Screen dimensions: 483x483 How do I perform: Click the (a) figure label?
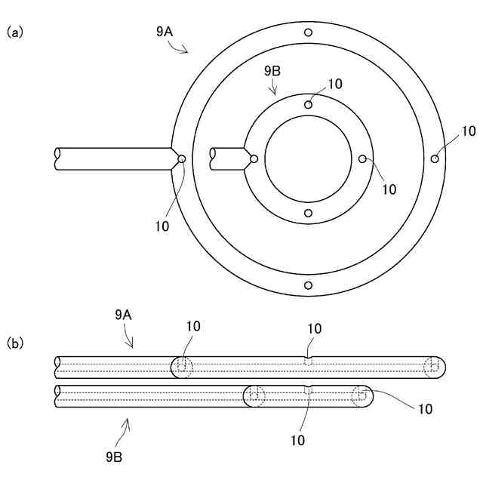pyautogui.click(x=15, y=32)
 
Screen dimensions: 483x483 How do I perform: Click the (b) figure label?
pyautogui.click(x=15, y=343)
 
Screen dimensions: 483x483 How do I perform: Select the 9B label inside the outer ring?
pyautogui.click(x=272, y=71)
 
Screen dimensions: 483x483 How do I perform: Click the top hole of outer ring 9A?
pyautogui.click(x=308, y=32)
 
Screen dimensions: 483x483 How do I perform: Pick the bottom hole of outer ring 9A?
pyautogui.click(x=308, y=285)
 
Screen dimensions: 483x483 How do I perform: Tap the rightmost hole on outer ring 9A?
pyautogui.click(x=435, y=158)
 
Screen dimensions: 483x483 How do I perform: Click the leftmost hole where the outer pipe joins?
pyautogui.click(x=181, y=158)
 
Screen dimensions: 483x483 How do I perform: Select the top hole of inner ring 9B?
pyautogui.click(x=308, y=104)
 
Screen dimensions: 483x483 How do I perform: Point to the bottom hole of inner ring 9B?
pyautogui.click(x=308, y=214)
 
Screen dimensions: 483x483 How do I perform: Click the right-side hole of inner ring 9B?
pyautogui.click(x=362, y=158)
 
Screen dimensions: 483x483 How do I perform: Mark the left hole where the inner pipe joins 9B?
pyautogui.click(x=254, y=158)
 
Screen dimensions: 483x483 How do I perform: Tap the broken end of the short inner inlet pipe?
pyautogui.click(x=214, y=158)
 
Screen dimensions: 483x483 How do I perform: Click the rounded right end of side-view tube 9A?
pyautogui.click(x=439, y=367)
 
